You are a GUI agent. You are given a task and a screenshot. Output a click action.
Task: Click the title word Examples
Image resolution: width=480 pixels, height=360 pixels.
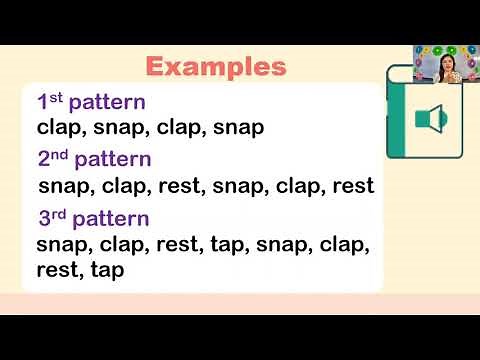(x=216, y=67)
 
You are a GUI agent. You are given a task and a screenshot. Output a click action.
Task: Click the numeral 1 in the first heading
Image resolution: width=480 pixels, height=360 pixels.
(x=42, y=102)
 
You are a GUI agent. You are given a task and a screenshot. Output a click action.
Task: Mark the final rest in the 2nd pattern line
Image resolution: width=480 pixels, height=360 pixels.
(x=351, y=186)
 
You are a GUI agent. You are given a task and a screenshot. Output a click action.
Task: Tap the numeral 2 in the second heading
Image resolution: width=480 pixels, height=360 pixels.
(x=44, y=160)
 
